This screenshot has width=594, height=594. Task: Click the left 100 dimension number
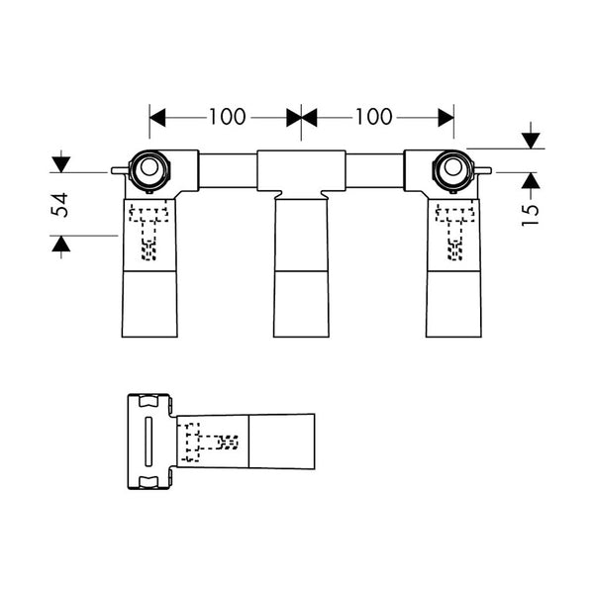[x=228, y=117]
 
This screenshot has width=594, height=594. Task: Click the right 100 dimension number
[x=373, y=117]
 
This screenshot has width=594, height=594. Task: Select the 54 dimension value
[x=60, y=205]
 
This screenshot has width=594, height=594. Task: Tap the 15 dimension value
[x=531, y=215]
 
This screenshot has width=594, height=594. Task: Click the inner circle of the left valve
[x=148, y=167]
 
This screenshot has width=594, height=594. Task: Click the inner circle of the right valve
[x=453, y=167]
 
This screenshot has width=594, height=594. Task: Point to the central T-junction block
[x=301, y=171]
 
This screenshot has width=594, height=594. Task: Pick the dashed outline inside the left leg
[x=148, y=232]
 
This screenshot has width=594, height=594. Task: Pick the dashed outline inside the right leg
[x=454, y=232]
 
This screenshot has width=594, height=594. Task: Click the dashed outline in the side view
[x=210, y=442]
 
